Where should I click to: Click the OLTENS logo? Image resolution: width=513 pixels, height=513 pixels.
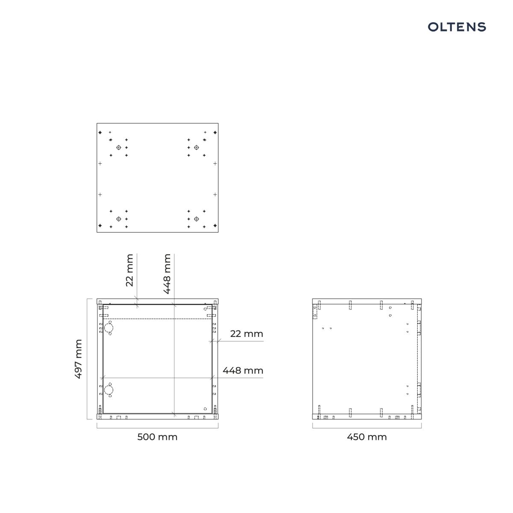(x=457, y=27)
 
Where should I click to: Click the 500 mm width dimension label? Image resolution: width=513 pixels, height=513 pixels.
(x=157, y=437)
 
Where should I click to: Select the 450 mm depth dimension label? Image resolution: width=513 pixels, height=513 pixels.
(x=366, y=437)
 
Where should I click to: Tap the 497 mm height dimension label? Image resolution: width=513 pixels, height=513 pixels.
(x=78, y=359)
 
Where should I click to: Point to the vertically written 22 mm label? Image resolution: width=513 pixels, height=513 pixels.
(x=130, y=270)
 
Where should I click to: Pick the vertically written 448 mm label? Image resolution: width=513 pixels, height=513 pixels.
(x=167, y=274)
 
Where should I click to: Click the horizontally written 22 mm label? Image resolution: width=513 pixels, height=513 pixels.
(x=247, y=333)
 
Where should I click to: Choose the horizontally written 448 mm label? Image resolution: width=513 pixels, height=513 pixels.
(x=243, y=370)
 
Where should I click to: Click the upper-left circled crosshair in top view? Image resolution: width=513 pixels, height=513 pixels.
(x=119, y=147)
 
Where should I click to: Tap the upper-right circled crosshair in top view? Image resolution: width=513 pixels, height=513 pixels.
(x=196, y=147)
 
